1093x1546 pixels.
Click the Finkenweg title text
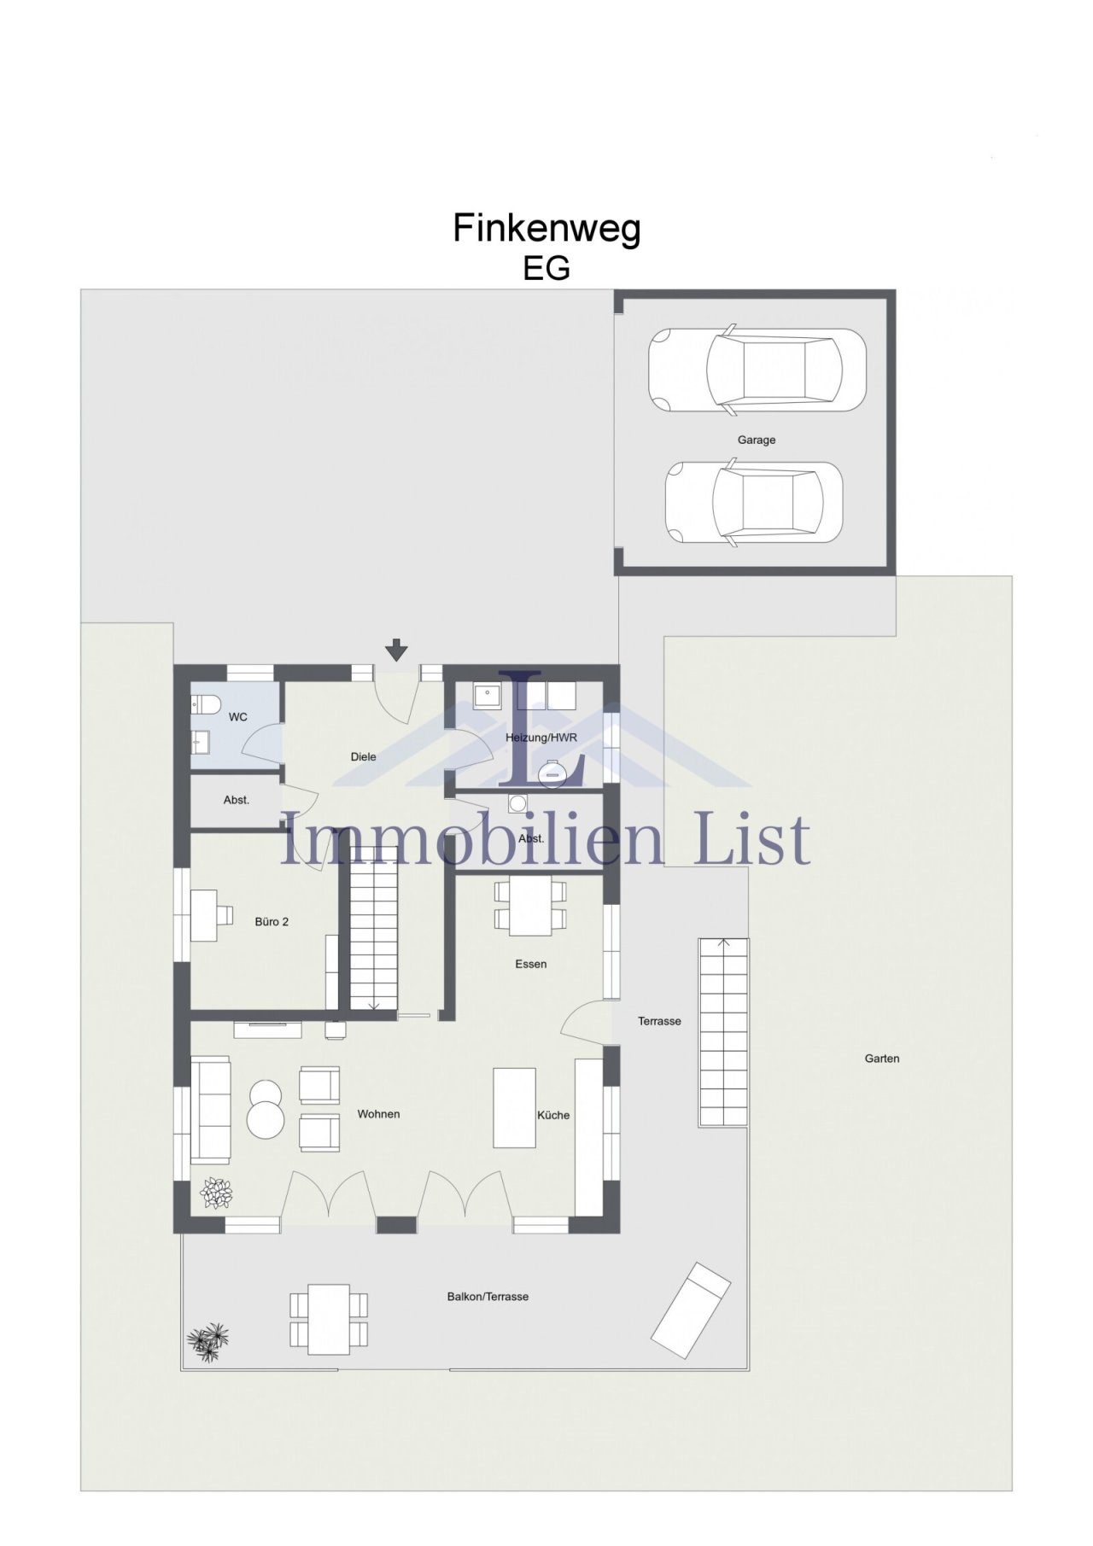pyautogui.click(x=546, y=229)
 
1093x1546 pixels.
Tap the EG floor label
pyautogui.click(x=546, y=268)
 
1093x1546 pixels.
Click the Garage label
pyautogui.click(x=757, y=440)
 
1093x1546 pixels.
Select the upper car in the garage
pyautogui.click(x=757, y=370)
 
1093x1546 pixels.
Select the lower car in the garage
pyautogui.click(x=754, y=502)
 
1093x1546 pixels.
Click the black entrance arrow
pyautogui.click(x=396, y=650)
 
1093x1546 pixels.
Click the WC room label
pyautogui.click(x=237, y=717)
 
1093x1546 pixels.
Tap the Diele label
pyautogui.click(x=363, y=756)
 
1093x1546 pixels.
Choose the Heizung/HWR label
pyautogui.click(x=541, y=738)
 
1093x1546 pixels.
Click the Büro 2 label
pyautogui.click(x=272, y=922)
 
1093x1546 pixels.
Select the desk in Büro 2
pyautogui.click(x=205, y=915)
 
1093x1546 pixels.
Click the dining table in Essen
pyautogui.click(x=530, y=905)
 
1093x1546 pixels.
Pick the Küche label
pyautogui.click(x=553, y=1115)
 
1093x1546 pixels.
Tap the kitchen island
pyautogui.click(x=514, y=1108)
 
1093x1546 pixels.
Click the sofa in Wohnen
pyautogui.click(x=210, y=1109)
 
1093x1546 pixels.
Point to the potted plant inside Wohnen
pyautogui.click(x=216, y=1193)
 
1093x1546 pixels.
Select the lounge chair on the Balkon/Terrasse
pyautogui.click(x=691, y=1310)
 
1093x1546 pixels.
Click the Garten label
pyautogui.click(x=882, y=1059)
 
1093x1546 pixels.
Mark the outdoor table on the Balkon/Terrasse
pyautogui.click(x=329, y=1319)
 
